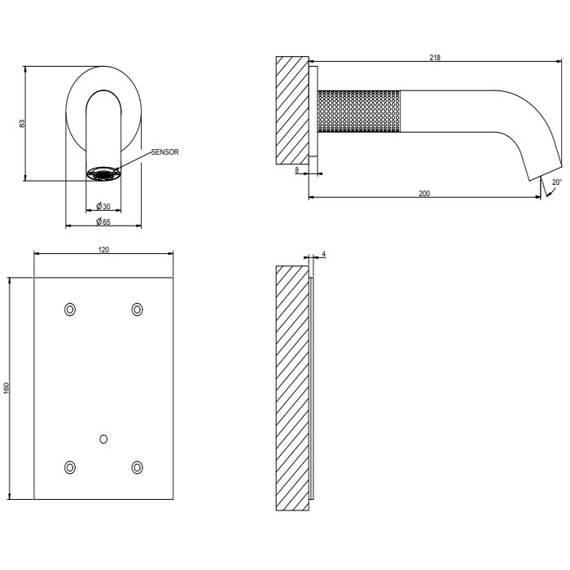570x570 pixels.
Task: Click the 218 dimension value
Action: pos(435,58)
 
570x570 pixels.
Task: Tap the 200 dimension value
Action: pos(424,194)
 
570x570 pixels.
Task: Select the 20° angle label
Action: pos(557,182)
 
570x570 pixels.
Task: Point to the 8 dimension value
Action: pos(296,169)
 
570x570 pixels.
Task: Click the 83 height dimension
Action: pos(22,123)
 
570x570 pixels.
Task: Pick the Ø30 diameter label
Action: pos(103,207)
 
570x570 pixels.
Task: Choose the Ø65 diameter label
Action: pos(103,221)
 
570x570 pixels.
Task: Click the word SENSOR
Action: pos(165,152)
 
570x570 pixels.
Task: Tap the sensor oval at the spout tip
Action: pos(103,173)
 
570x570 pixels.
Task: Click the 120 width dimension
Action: pos(103,250)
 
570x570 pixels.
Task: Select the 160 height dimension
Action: pos(7,388)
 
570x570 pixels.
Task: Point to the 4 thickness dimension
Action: pos(323,254)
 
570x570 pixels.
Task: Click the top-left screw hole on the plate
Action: pos(70,309)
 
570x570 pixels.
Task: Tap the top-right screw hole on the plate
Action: pos(137,309)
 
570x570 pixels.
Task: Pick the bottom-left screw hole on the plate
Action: pos(70,467)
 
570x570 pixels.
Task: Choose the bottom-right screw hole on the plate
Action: pos(137,467)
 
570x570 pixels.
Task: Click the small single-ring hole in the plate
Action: pos(103,439)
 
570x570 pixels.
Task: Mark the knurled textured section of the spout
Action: pos(359,112)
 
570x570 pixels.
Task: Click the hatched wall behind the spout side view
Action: pos(292,110)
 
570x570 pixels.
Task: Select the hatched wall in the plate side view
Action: pos(292,388)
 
